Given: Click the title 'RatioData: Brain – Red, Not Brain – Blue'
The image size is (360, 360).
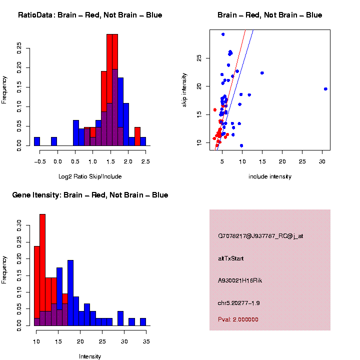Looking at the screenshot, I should pos(90,15).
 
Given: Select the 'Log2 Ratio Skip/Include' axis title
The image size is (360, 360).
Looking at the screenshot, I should pos(90,176).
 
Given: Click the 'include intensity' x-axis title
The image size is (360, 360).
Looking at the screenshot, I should pos(270,176).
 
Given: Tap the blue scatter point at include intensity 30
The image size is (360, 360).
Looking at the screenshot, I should pos(325,89).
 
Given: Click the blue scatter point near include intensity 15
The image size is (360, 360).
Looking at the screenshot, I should pos(262,73).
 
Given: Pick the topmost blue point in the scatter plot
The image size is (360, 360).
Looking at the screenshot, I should pos(223,34).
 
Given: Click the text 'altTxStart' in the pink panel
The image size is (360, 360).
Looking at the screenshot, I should pos(231,258).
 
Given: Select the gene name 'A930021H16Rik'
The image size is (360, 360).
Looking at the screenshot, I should pos(240,280).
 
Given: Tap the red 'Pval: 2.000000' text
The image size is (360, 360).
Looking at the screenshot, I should pos(238,319).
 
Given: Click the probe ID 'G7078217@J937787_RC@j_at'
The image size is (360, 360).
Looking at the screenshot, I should pos(260,236).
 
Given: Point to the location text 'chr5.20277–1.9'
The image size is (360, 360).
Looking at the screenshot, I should pos(239,303).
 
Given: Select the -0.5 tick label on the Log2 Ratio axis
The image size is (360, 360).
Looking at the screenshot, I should pos(41,161).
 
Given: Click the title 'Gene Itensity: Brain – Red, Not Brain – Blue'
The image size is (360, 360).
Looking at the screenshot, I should pos(90,195).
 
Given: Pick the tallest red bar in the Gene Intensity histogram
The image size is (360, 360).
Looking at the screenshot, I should pos(42,270).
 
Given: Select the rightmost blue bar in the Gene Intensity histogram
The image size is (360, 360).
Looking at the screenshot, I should pos(142,322).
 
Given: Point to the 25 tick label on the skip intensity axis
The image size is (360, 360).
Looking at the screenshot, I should pos(199,58).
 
